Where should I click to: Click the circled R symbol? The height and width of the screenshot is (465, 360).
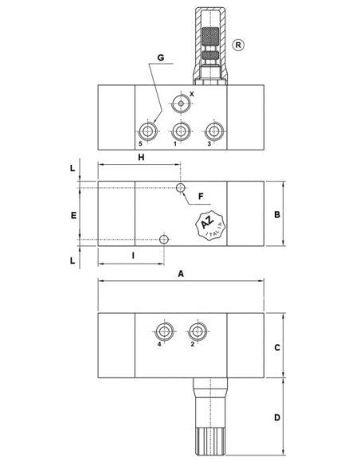click(238, 45)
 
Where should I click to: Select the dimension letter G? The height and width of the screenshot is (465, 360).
click(161, 57)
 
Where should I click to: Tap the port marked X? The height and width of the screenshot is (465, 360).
click(181, 104)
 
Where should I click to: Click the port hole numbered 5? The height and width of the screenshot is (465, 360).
click(147, 131)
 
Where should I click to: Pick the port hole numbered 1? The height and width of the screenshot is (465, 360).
click(181, 131)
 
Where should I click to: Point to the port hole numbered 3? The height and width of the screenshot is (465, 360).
click(214, 131)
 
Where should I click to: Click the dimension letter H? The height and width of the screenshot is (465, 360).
click(141, 157)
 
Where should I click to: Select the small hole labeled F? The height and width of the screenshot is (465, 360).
click(181, 188)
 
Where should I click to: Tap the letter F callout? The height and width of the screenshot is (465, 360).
click(201, 197)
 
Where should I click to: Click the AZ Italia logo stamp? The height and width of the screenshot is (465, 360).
click(210, 225)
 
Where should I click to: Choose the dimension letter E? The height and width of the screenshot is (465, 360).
click(73, 215)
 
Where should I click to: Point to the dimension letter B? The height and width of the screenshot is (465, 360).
click(277, 214)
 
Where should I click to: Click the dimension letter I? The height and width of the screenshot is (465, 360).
click(133, 255)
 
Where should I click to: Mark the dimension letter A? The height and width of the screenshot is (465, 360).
click(181, 274)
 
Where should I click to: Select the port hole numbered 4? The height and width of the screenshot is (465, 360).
click(164, 331)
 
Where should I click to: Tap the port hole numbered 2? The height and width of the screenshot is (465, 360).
click(198, 331)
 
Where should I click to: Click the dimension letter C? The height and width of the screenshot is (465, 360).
click(277, 347)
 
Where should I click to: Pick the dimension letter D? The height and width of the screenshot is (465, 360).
click(277, 417)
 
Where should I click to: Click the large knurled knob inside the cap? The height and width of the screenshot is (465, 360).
click(210, 36)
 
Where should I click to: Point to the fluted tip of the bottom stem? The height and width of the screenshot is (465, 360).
click(210, 441)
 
